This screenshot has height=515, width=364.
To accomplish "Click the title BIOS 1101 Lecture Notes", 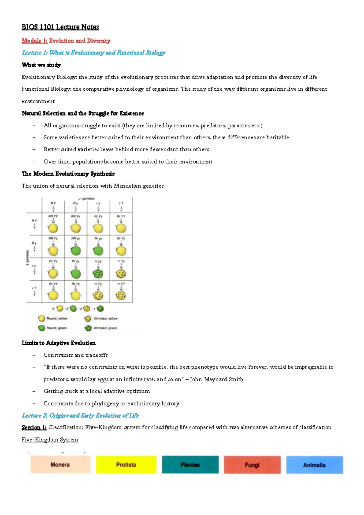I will pos(60,27).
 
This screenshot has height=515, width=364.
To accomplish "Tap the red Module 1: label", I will pos(35,41).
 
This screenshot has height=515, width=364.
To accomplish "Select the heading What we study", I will pos(41,65).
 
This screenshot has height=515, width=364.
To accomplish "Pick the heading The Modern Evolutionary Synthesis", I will pos(68,174).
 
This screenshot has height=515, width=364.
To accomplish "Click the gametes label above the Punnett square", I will pos(88,199).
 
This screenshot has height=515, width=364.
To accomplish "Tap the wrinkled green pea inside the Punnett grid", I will pos(98,274).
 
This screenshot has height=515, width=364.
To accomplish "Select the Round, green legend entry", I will pos(56,328).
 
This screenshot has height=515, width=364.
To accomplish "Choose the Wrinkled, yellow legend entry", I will pos(105,318).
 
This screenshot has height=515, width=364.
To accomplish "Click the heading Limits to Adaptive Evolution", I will pos(59,343).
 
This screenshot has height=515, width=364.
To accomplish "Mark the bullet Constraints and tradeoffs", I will pos(76,355).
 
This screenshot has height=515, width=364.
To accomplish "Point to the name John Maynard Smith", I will pos(216,379).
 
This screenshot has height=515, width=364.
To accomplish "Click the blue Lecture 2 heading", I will pos(80,416).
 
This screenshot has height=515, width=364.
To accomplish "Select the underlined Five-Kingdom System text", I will pos(50,439).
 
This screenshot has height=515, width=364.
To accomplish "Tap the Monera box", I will pos(60,465).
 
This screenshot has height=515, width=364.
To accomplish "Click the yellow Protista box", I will pos(126,465).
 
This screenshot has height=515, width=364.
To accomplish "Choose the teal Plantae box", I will pos(190,465).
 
